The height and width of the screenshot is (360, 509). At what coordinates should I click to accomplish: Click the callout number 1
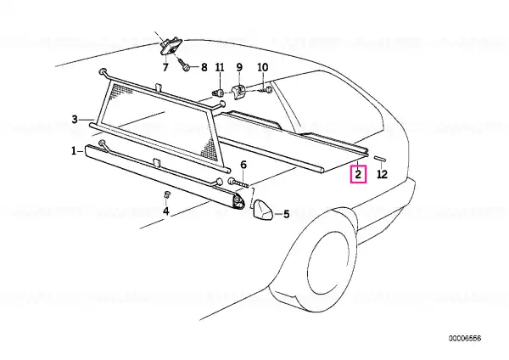74,151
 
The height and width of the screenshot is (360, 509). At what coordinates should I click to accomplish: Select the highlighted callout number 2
358,174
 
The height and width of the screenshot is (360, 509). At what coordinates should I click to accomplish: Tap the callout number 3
75,120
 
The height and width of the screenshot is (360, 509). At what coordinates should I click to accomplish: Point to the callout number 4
166,211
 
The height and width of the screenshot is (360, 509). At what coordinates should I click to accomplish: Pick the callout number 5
287,214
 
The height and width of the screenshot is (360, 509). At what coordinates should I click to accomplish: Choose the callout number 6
243,165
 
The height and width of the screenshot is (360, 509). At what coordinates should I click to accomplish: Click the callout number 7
165,68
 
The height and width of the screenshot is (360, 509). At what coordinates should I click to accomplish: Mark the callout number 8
204,67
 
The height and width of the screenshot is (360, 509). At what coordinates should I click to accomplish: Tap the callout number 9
239,67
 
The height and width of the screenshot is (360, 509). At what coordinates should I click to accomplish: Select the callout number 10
263,67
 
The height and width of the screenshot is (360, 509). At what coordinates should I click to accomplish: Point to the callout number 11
220,67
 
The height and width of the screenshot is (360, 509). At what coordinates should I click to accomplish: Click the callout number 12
383,174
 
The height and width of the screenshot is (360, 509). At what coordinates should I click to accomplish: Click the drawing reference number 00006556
465,339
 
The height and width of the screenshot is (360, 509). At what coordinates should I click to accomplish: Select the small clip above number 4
167,195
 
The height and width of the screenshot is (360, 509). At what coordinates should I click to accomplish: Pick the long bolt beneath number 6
239,183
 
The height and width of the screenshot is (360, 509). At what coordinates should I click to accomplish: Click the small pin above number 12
379,158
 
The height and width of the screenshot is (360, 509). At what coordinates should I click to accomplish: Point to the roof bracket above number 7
170,47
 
